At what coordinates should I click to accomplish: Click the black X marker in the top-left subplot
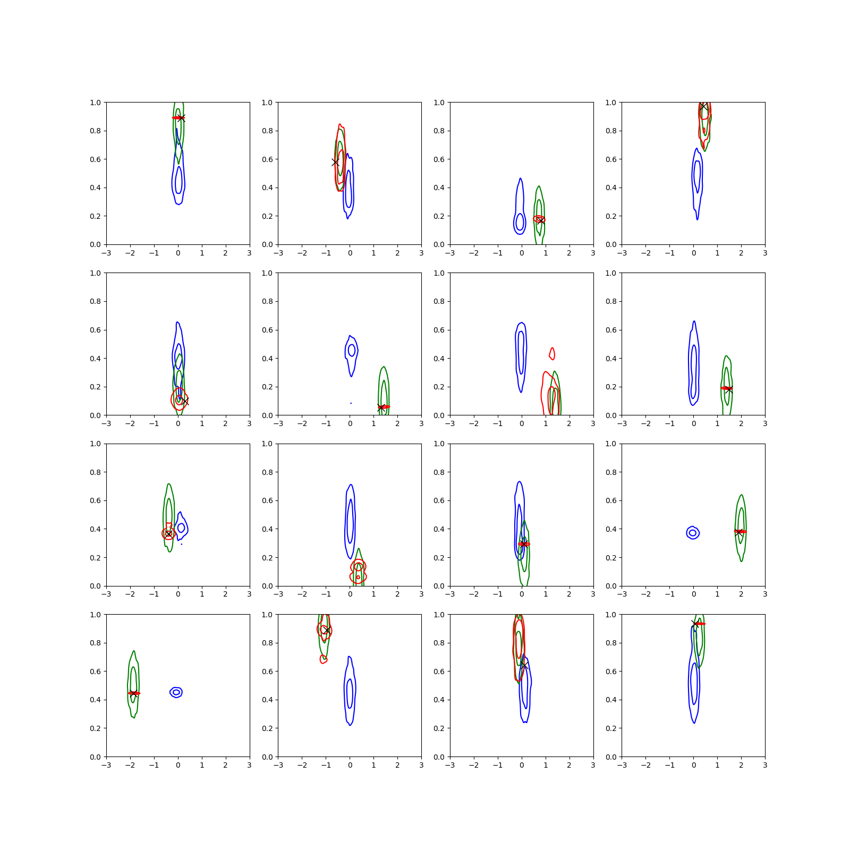point(181,118)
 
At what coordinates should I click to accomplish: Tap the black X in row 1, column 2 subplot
point(335,162)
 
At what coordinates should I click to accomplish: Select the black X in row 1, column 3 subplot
point(540,220)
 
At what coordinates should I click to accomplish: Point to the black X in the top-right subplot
point(704,106)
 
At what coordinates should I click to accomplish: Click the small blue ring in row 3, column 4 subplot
point(693,533)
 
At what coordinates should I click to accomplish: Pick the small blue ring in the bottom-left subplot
point(176,692)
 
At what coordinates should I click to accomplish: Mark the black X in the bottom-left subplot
point(133,693)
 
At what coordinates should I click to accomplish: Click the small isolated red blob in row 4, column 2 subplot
point(324,659)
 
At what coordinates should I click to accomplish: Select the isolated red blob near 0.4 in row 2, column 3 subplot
point(552,353)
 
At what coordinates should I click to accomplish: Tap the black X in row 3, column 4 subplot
point(738,532)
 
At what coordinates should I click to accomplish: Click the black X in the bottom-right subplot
point(695,623)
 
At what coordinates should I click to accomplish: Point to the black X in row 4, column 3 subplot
point(524,665)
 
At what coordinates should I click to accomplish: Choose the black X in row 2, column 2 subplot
point(381,407)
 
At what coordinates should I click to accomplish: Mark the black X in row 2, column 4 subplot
point(728,389)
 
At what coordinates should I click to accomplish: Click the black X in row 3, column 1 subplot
point(168,534)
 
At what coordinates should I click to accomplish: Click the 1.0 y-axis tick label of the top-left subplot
point(95,103)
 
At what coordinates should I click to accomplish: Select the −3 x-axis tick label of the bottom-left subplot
point(106,765)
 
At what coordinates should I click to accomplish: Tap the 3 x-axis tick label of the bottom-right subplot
point(765,765)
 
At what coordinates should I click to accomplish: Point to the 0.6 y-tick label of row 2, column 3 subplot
point(439,330)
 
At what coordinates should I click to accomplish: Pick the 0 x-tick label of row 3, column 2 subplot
point(350,594)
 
